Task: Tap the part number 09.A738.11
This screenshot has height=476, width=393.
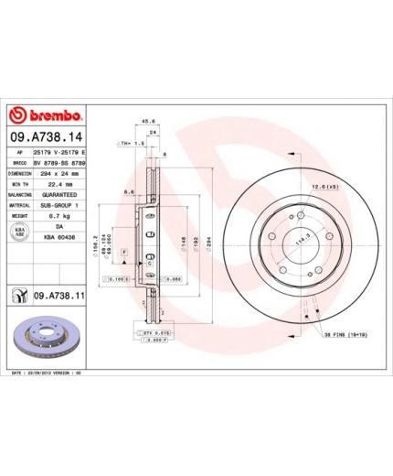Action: point(59,297)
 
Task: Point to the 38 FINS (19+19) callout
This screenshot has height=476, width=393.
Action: point(342,336)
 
